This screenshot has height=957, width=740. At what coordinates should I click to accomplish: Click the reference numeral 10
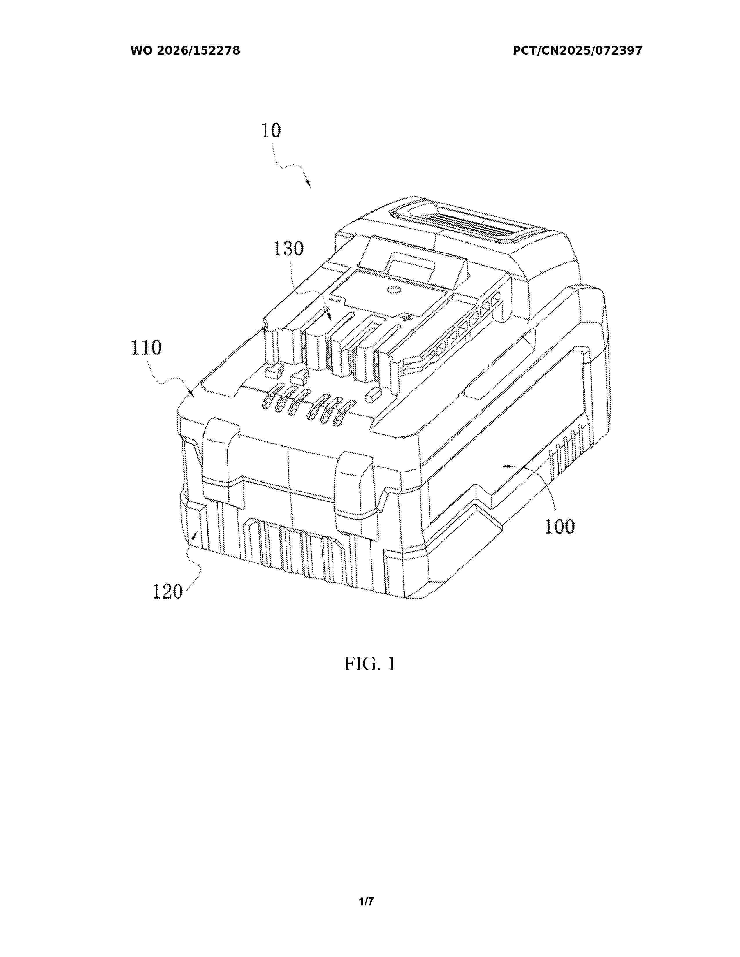pos(271,130)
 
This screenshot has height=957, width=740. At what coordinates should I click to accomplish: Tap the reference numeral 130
pos(288,249)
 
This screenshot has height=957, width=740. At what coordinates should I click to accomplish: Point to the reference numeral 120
pos(167,592)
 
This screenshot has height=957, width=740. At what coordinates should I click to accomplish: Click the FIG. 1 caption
pos(369,664)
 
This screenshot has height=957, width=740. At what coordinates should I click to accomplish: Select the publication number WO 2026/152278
pos(185,51)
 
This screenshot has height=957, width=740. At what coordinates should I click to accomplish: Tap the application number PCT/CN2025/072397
pos(577,51)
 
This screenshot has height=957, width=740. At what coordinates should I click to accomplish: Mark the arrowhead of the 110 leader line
pos(191,392)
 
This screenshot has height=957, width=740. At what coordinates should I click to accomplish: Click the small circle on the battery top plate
pos(393,289)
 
